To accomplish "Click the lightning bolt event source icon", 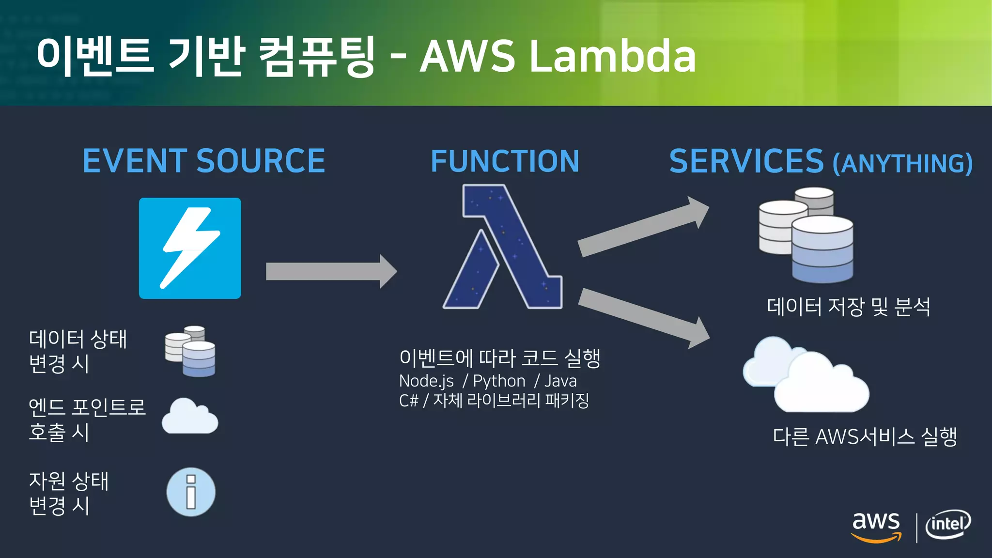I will pyautogui.click(x=190, y=248).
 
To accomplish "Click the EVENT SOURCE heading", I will pyautogui.click(x=203, y=161).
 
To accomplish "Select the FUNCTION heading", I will pyautogui.click(x=505, y=161).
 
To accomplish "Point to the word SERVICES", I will pyautogui.click(x=746, y=161).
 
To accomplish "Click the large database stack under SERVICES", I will pyautogui.click(x=806, y=235).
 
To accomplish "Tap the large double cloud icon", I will pyautogui.click(x=806, y=375).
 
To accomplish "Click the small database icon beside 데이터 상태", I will pyautogui.click(x=190, y=351).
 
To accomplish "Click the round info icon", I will pyautogui.click(x=191, y=492).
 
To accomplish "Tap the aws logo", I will pyautogui.click(x=876, y=526).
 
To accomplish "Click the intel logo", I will pyautogui.click(x=948, y=524).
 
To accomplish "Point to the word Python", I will pyautogui.click(x=499, y=381).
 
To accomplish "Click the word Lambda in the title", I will pyautogui.click(x=612, y=57).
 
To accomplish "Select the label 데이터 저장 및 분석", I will pyautogui.click(x=848, y=307).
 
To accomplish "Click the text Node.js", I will pyautogui.click(x=426, y=381).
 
